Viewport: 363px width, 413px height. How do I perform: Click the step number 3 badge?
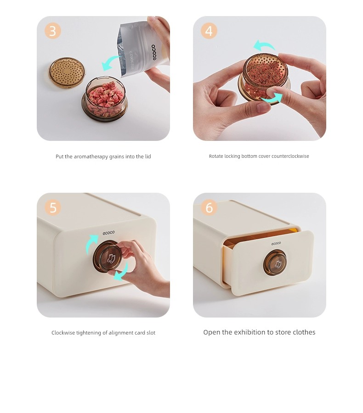[x=53, y=31]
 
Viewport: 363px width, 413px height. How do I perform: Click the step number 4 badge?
[x=209, y=31]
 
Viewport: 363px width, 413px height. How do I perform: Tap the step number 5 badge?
[x=53, y=207]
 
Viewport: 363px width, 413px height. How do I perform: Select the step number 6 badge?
[x=209, y=207]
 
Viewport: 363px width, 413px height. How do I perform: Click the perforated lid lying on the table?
[x=67, y=73]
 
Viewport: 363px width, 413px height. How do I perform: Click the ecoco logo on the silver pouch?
[x=153, y=52]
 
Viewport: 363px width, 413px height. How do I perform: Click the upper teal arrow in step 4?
[x=264, y=45]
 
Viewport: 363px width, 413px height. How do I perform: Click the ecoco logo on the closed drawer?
[x=109, y=233]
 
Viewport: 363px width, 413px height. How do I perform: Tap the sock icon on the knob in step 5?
[x=111, y=259]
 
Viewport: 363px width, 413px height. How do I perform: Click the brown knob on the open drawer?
[x=275, y=263]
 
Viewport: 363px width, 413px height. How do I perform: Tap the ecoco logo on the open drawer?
[x=276, y=243]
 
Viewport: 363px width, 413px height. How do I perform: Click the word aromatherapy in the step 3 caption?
[x=91, y=156]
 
